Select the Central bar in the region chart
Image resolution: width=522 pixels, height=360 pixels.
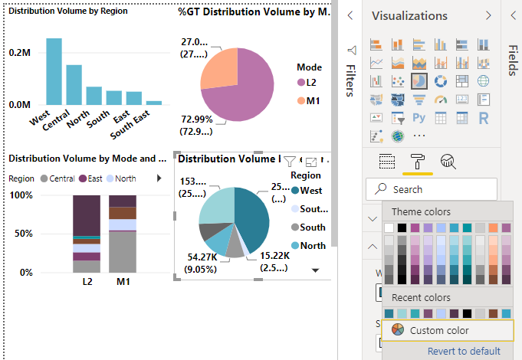pyautogui.click(x=74, y=84)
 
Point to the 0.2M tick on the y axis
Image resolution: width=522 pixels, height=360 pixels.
pyautogui.click(x=20, y=53)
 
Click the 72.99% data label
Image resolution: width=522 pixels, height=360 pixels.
pyautogui.click(x=197, y=119)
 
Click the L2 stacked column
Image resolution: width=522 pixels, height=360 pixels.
pyautogui.click(x=87, y=234)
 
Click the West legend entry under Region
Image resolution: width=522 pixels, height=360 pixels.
pyautogui.click(x=307, y=190)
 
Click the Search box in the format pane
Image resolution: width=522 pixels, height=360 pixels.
pyautogui.click(x=432, y=189)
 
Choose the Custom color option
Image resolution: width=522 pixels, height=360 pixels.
pyautogui.click(x=440, y=330)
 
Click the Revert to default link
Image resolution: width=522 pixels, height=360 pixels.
pyautogui.click(x=464, y=351)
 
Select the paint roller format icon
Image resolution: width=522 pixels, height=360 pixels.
pyautogui.click(x=419, y=161)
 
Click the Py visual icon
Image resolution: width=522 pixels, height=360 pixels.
pyautogui.click(x=419, y=118)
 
